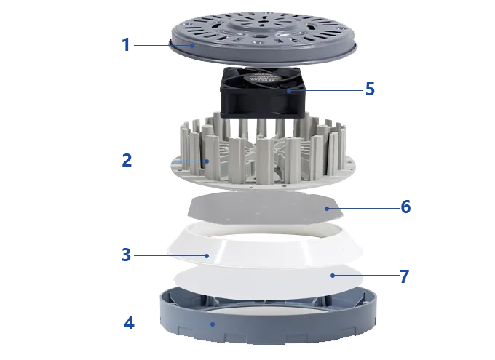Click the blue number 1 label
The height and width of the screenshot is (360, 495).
click(x=126, y=45)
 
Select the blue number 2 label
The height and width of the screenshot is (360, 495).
click(x=127, y=160)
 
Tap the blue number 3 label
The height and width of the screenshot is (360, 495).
click(x=126, y=255)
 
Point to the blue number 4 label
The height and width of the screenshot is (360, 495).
click(x=129, y=324)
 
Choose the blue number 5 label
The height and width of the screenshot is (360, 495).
click(x=370, y=89)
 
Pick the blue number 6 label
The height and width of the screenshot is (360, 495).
click(x=405, y=207)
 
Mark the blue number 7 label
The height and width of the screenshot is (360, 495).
click(x=405, y=276)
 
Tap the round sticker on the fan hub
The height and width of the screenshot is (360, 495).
click(x=264, y=78)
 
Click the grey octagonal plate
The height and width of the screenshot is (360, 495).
click(x=265, y=208)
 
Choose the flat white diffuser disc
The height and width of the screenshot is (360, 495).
click(x=268, y=281)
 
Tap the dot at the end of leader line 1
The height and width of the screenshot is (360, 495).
click(x=192, y=45)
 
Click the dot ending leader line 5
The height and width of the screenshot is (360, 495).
click(x=289, y=91)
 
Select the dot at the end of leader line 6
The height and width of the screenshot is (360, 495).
click(x=327, y=208)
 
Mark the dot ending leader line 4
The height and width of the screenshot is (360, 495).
click(x=213, y=324)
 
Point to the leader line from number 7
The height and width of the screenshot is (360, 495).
click(x=366, y=276)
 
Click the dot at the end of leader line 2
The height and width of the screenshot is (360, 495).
click(x=207, y=161)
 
